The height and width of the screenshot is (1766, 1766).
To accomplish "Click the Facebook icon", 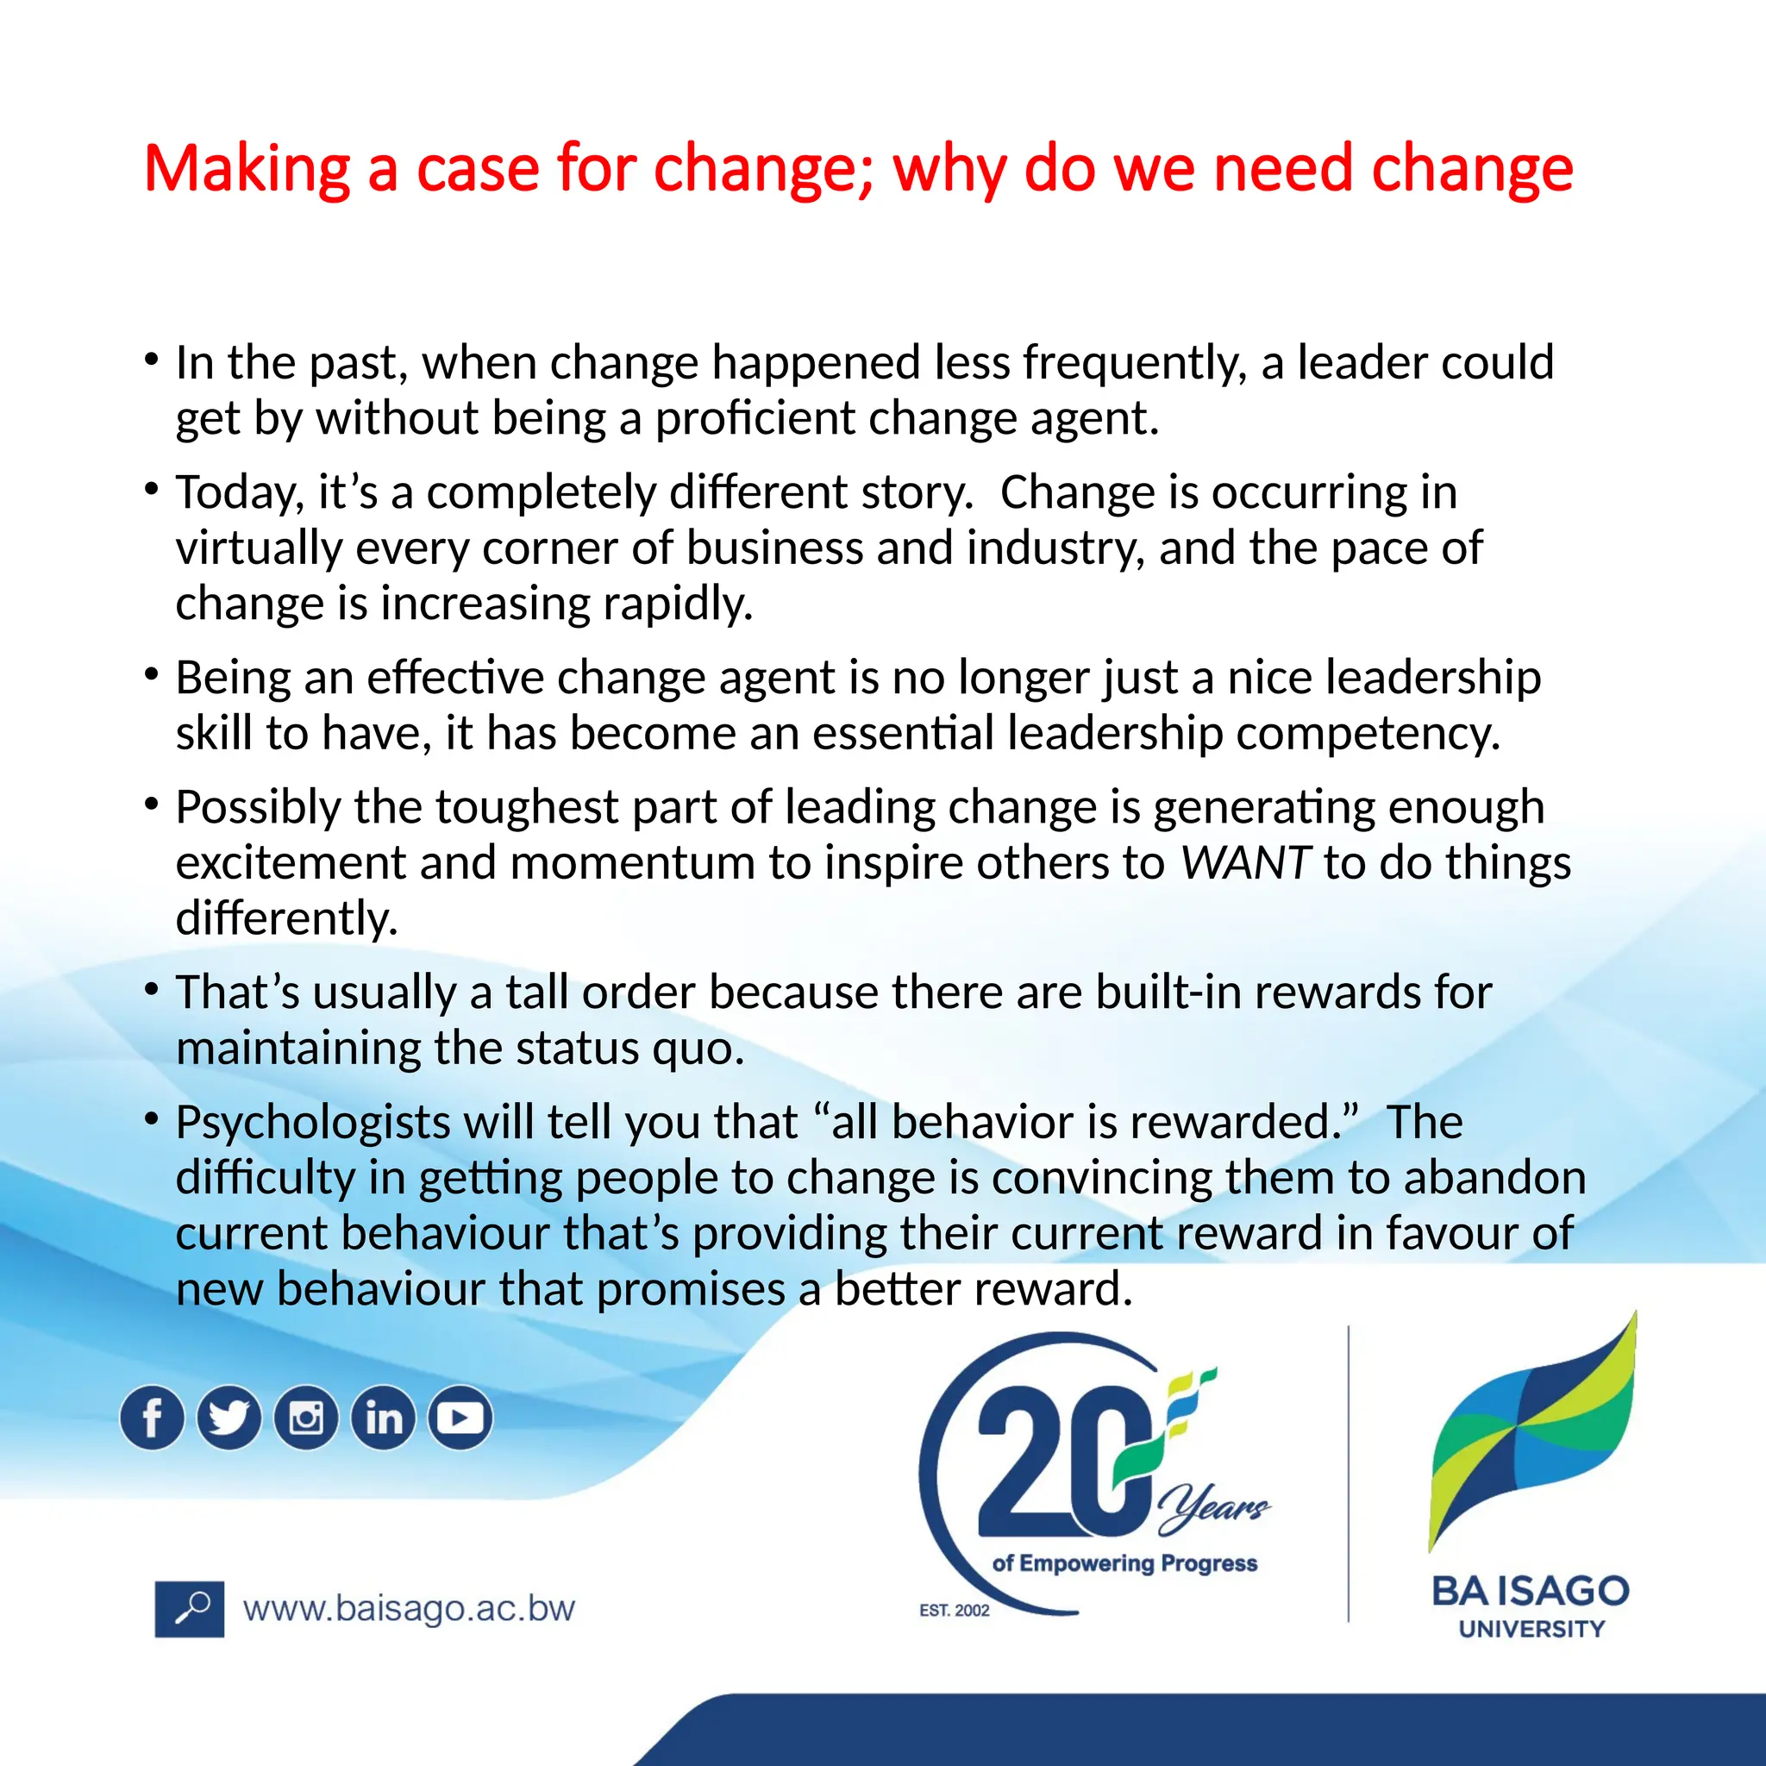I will coord(152,1418).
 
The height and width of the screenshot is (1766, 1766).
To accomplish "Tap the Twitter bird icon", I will coord(229,1418).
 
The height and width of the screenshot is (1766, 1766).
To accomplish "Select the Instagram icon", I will coord(306,1418).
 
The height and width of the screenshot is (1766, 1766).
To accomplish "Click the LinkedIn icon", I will coord(384,1418).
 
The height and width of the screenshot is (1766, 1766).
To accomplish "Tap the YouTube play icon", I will coord(460,1418).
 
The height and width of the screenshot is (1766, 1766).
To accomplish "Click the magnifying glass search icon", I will coord(189,1609).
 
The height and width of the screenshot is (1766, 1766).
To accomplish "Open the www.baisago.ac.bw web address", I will coord(409,1609).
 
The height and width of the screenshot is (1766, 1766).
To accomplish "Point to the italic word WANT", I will coord(1245,863).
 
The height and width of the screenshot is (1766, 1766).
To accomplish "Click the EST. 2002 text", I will coord(955,1610).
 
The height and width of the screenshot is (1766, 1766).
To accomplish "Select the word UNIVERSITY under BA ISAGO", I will coord(1531,1629).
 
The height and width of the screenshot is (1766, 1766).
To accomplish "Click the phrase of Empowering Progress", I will coord(1124,1563).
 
